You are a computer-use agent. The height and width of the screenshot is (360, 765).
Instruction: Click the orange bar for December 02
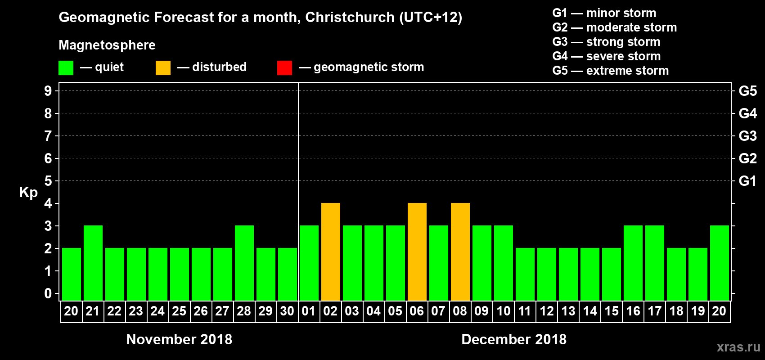tap(331, 252)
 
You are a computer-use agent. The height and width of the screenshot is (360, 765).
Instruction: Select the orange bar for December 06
tap(417, 252)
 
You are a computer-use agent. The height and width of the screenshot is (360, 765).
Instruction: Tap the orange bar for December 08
tap(460, 252)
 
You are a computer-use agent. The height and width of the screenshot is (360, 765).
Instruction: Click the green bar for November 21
tap(93, 263)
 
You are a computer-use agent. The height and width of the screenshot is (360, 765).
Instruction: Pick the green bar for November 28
tap(244, 263)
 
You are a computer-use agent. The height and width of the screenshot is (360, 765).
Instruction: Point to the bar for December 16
tap(633, 263)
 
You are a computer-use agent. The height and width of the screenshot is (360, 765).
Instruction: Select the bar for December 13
tap(568, 274)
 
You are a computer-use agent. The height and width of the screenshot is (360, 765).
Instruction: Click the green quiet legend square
tap(66, 68)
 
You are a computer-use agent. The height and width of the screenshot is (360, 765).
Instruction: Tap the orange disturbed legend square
tap(163, 68)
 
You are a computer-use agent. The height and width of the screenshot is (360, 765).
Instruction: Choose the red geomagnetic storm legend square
tap(284, 68)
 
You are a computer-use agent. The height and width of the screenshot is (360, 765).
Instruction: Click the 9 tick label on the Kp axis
tap(48, 91)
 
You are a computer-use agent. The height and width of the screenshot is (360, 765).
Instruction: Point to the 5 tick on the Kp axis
tap(48, 181)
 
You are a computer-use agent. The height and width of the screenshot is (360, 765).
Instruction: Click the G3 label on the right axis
tap(747, 136)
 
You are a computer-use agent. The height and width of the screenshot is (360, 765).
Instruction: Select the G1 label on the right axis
tap(747, 181)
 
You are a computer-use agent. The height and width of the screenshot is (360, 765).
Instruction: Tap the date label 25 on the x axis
tap(179, 311)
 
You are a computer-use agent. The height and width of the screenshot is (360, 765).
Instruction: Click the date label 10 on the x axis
tap(503, 311)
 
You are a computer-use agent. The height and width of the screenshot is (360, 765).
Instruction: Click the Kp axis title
tap(28, 192)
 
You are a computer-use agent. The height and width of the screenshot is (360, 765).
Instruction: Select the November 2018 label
tap(179, 339)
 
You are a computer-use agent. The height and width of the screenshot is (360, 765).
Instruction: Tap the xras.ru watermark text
tap(738, 347)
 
